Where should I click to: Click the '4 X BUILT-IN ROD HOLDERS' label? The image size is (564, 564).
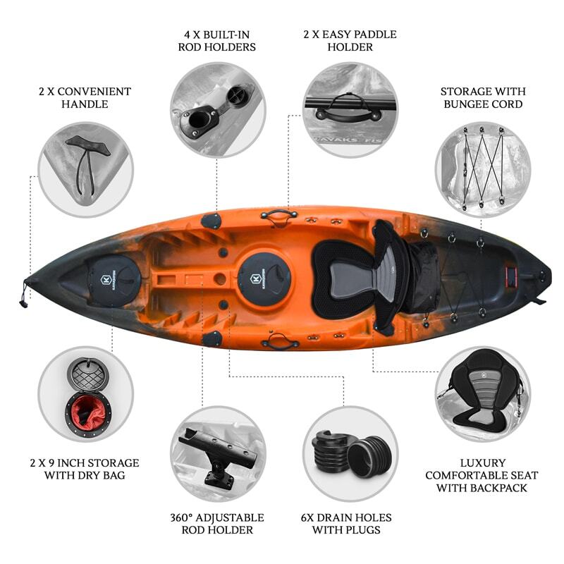click(x=218, y=41)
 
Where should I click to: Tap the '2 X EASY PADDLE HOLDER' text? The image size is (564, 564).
click(x=350, y=41)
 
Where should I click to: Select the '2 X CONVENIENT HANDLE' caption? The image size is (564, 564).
click(x=85, y=98)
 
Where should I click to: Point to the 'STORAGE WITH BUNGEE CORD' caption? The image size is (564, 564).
click(x=482, y=98)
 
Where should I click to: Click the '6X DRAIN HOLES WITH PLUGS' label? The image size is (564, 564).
click(x=350, y=524)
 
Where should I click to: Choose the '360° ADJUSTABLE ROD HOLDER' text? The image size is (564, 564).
click(x=218, y=524)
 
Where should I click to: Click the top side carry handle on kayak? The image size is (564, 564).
click(x=278, y=213)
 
